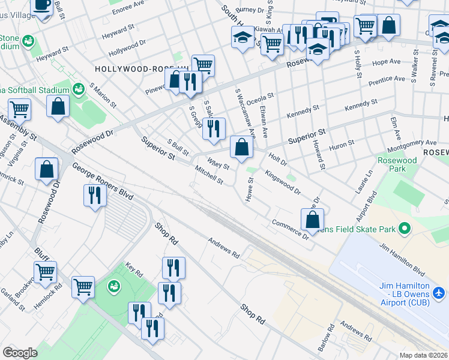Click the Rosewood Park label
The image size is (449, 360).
click(397, 164)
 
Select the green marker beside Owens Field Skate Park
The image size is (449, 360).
click(405, 229)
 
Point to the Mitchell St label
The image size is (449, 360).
click(209, 176)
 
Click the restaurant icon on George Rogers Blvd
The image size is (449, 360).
click(95, 196)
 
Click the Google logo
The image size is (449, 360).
click(20, 352)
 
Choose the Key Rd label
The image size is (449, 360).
click(134, 270)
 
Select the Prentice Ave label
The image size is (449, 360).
click(387, 79)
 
